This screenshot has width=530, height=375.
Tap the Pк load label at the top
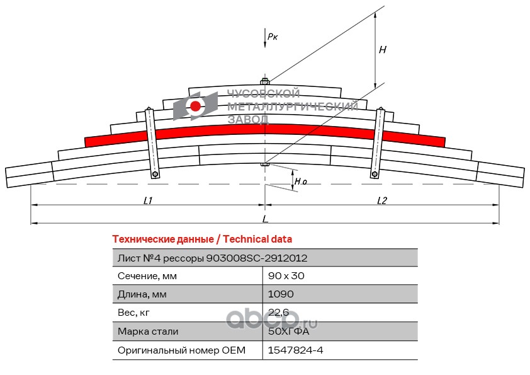(x=273, y=37)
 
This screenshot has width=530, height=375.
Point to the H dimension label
(x=383, y=50)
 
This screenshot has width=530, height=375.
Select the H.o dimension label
(x=300, y=182)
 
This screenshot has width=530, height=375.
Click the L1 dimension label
(x=148, y=200)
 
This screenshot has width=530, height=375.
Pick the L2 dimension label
(x=382, y=200)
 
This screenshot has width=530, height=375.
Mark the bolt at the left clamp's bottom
(x=155, y=175)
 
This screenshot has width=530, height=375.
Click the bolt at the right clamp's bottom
(x=375, y=175)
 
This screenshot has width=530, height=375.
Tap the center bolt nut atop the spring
(x=264, y=81)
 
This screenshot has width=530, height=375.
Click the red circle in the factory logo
(x=195, y=107)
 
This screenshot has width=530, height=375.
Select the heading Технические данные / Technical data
(x=202, y=239)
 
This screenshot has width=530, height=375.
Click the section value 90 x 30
(x=286, y=276)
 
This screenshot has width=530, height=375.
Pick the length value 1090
(x=281, y=294)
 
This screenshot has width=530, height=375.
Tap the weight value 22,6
(x=278, y=313)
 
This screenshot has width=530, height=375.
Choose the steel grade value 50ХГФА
(x=288, y=331)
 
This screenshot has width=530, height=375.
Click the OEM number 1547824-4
(x=295, y=350)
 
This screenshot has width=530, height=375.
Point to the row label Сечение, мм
(x=147, y=276)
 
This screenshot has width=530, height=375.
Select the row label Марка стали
(x=148, y=332)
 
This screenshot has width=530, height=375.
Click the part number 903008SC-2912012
(x=257, y=258)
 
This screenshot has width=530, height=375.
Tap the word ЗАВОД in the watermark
(x=248, y=119)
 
